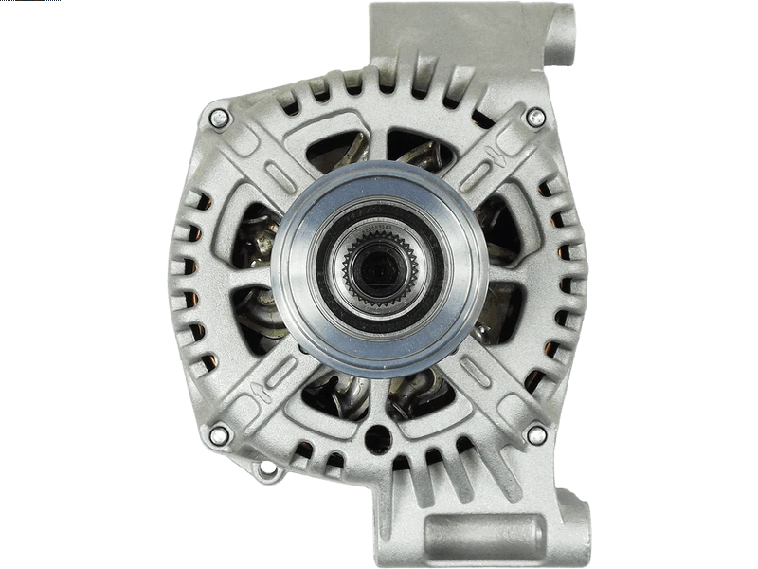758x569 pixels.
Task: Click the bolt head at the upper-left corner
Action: [x=219, y=118]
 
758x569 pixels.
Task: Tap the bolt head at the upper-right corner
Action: [x=536, y=117]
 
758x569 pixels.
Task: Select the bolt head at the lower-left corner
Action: [x=219, y=435]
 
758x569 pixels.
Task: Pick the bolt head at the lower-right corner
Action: [x=536, y=435]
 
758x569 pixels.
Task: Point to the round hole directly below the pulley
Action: [x=378, y=438]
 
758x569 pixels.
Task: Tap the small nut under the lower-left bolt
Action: [x=268, y=468]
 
